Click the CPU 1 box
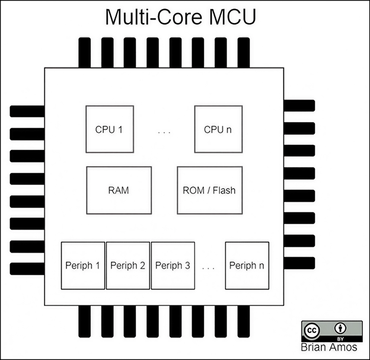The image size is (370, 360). tap(109, 130)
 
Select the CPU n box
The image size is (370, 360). tap(218, 130)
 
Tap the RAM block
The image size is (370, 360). tap(119, 190)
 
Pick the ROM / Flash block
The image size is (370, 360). tap(209, 190)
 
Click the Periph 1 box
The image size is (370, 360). tap(83, 266)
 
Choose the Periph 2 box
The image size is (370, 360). tap(127, 266)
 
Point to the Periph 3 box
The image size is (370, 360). tap(173, 266)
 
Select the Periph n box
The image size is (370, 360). tap(247, 266)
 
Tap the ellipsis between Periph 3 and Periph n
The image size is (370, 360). tap(208, 267)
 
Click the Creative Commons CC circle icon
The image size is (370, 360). tap(312, 330)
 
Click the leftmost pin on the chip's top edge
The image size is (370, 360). tap(84, 52)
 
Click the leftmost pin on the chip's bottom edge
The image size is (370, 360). tap(84, 320)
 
